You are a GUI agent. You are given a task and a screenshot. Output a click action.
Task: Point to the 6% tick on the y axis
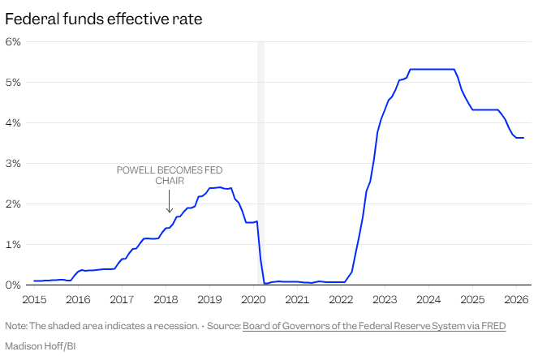point(13,41)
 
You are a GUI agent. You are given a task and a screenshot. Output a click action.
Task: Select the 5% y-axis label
point(13,82)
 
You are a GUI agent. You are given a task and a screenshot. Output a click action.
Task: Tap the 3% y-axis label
point(13,163)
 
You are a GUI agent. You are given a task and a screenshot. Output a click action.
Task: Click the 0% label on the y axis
point(13,285)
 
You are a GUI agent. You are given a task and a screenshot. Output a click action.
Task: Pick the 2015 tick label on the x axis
point(34,300)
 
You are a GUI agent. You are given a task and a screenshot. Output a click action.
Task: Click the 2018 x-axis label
point(166,300)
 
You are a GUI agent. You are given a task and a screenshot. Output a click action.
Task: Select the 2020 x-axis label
point(253,300)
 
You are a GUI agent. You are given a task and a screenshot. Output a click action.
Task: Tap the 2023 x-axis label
point(385,300)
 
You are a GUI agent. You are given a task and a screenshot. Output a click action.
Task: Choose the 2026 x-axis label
point(516,300)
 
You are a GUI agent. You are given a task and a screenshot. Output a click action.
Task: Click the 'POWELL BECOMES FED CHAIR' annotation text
point(169,175)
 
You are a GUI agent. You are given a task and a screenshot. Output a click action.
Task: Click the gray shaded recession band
point(260,162)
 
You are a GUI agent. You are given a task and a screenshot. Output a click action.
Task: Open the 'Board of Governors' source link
point(374,326)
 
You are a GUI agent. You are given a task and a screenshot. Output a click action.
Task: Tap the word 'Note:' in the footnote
point(16,326)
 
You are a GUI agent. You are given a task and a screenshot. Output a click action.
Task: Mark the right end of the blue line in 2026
point(523,138)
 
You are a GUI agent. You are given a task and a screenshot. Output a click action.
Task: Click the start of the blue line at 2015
point(34,281)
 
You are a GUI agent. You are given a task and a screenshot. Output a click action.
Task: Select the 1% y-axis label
point(13,244)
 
